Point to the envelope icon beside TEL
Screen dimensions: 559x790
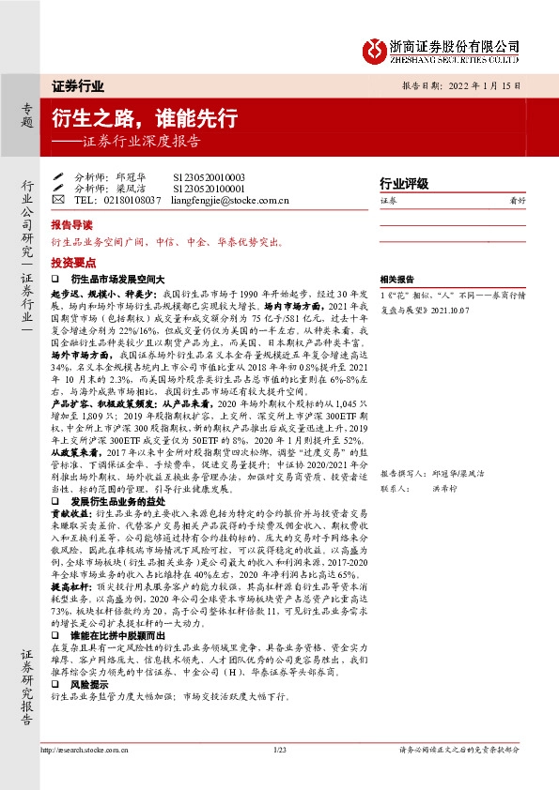58,200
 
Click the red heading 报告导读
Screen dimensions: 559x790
72,227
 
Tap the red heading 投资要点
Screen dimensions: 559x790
72,263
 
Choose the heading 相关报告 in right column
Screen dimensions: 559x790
397,279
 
